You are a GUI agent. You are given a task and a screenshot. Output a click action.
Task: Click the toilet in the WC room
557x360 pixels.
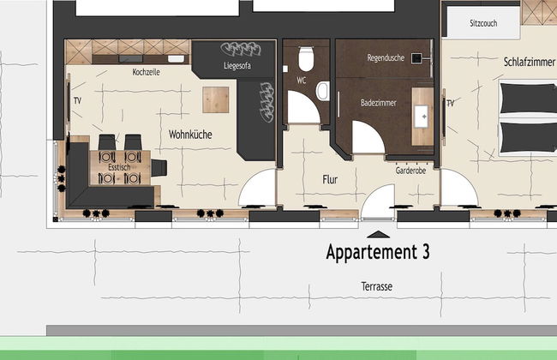click(x=306, y=58)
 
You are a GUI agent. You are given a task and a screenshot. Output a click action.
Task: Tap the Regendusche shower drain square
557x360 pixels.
click(x=416, y=58)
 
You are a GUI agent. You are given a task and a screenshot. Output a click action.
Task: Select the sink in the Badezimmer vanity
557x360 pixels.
click(x=422, y=117)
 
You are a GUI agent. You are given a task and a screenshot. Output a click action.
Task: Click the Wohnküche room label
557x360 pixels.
click(x=190, y=135)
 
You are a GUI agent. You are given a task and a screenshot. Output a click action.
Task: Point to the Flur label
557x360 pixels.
click(x=330, y=179)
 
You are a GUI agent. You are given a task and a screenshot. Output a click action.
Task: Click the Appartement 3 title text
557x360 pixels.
click(x=378, y=252)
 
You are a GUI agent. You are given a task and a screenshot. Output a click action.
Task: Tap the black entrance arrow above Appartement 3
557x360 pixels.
click(x=378, y=234)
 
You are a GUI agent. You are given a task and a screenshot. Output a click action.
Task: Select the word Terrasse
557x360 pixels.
click(x=377, y=286)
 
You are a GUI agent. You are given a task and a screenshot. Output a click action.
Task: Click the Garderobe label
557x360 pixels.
click(x=410, y=171)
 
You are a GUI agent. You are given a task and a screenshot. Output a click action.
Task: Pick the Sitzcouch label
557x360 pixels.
click(x=483, y=23)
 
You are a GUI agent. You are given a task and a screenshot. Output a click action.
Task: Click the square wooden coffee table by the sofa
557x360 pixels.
click(x=216, y=100)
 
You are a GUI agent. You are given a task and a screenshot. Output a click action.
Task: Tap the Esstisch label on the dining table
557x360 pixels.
click(x=119, y=167)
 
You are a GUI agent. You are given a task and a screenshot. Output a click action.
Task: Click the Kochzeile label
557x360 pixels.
click(x=146, y=72)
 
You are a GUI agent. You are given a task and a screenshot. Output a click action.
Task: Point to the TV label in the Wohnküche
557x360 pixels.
click(x=77, y=101)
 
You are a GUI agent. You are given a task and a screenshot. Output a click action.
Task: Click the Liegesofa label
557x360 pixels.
click(x=237, y=65)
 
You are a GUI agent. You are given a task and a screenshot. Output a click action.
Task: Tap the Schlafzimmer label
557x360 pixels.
click(x=530, y=62)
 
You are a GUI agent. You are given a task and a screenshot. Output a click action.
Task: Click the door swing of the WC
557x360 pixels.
click(x=303, y=107)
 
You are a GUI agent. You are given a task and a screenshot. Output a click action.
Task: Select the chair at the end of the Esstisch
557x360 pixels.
click(x=159, y=168)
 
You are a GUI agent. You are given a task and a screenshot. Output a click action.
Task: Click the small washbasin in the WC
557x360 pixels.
click(x=323, y=91)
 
